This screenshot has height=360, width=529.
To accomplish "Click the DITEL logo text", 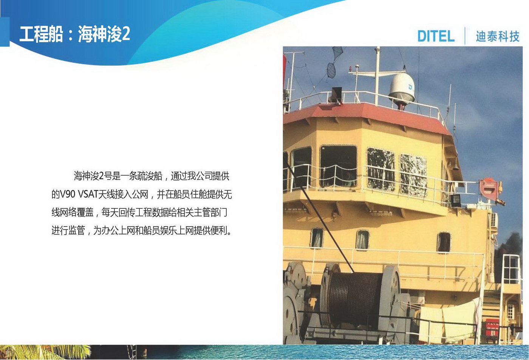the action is (436, 36).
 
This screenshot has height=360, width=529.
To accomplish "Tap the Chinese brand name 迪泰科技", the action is (498, 36).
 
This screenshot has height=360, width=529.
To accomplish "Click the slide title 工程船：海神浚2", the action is (75, 34).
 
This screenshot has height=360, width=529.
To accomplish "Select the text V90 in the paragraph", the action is (68, 194).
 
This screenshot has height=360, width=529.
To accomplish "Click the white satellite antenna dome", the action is (402, 87).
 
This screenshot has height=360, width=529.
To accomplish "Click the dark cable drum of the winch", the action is (354, 300).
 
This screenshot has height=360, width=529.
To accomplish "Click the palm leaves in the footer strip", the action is (45, 352).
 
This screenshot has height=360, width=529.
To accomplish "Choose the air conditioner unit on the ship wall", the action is (494, 219).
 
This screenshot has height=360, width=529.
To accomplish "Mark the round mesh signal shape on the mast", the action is (331, 70).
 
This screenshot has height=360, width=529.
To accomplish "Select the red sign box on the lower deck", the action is (492, 327).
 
